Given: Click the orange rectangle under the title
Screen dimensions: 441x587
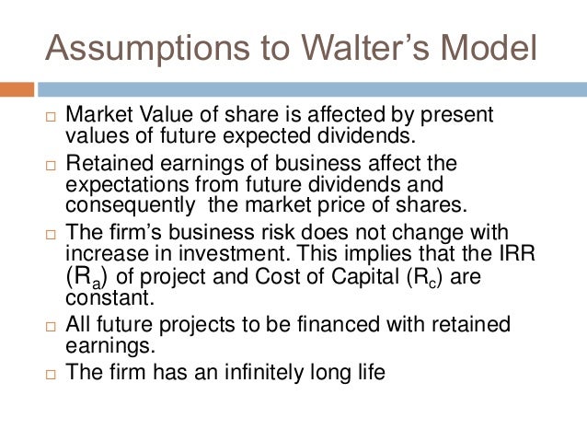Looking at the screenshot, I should [x=17, y=89].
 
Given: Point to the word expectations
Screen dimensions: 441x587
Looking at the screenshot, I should [x=119, y=183].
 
